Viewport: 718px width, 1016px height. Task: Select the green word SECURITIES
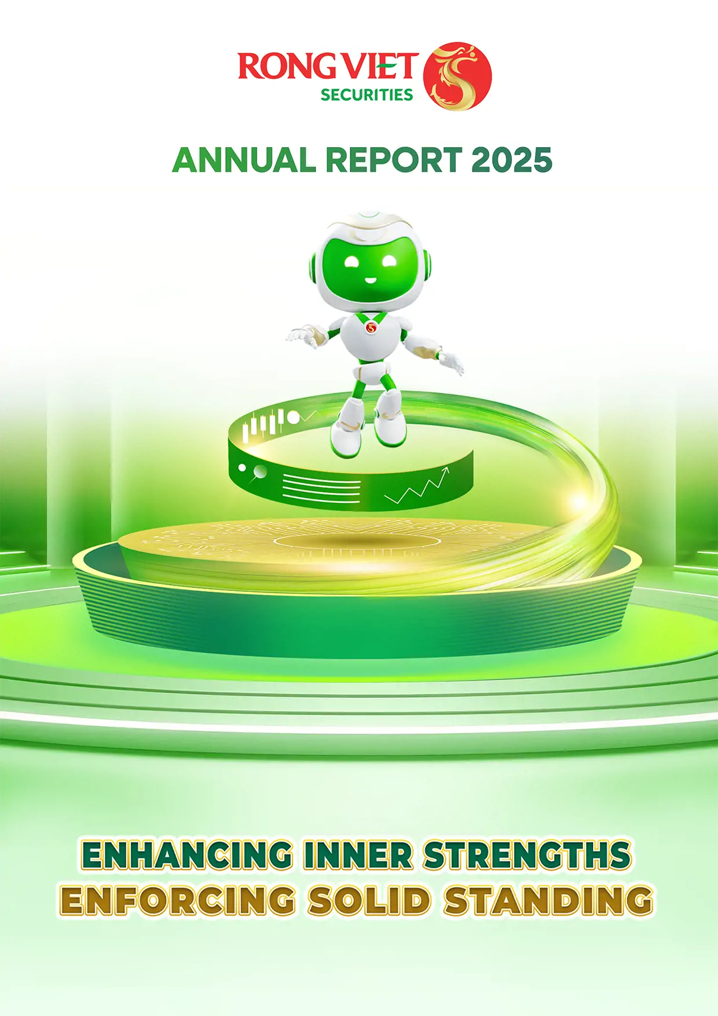tap(367, 94)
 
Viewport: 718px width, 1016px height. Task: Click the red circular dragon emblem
tap(457, 76)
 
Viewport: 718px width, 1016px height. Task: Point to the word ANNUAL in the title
tap(244, 160)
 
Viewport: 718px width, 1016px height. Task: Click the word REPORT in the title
tap(394, 160)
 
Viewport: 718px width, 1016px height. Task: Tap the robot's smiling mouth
tap(370, 280)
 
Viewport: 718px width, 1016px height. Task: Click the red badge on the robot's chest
tap(372, 328)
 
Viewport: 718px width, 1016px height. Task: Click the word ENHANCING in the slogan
tap(187, 856)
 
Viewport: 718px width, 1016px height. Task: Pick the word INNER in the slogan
tap(358, 856)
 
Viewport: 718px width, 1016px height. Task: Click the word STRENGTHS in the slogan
tap(527, 856)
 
